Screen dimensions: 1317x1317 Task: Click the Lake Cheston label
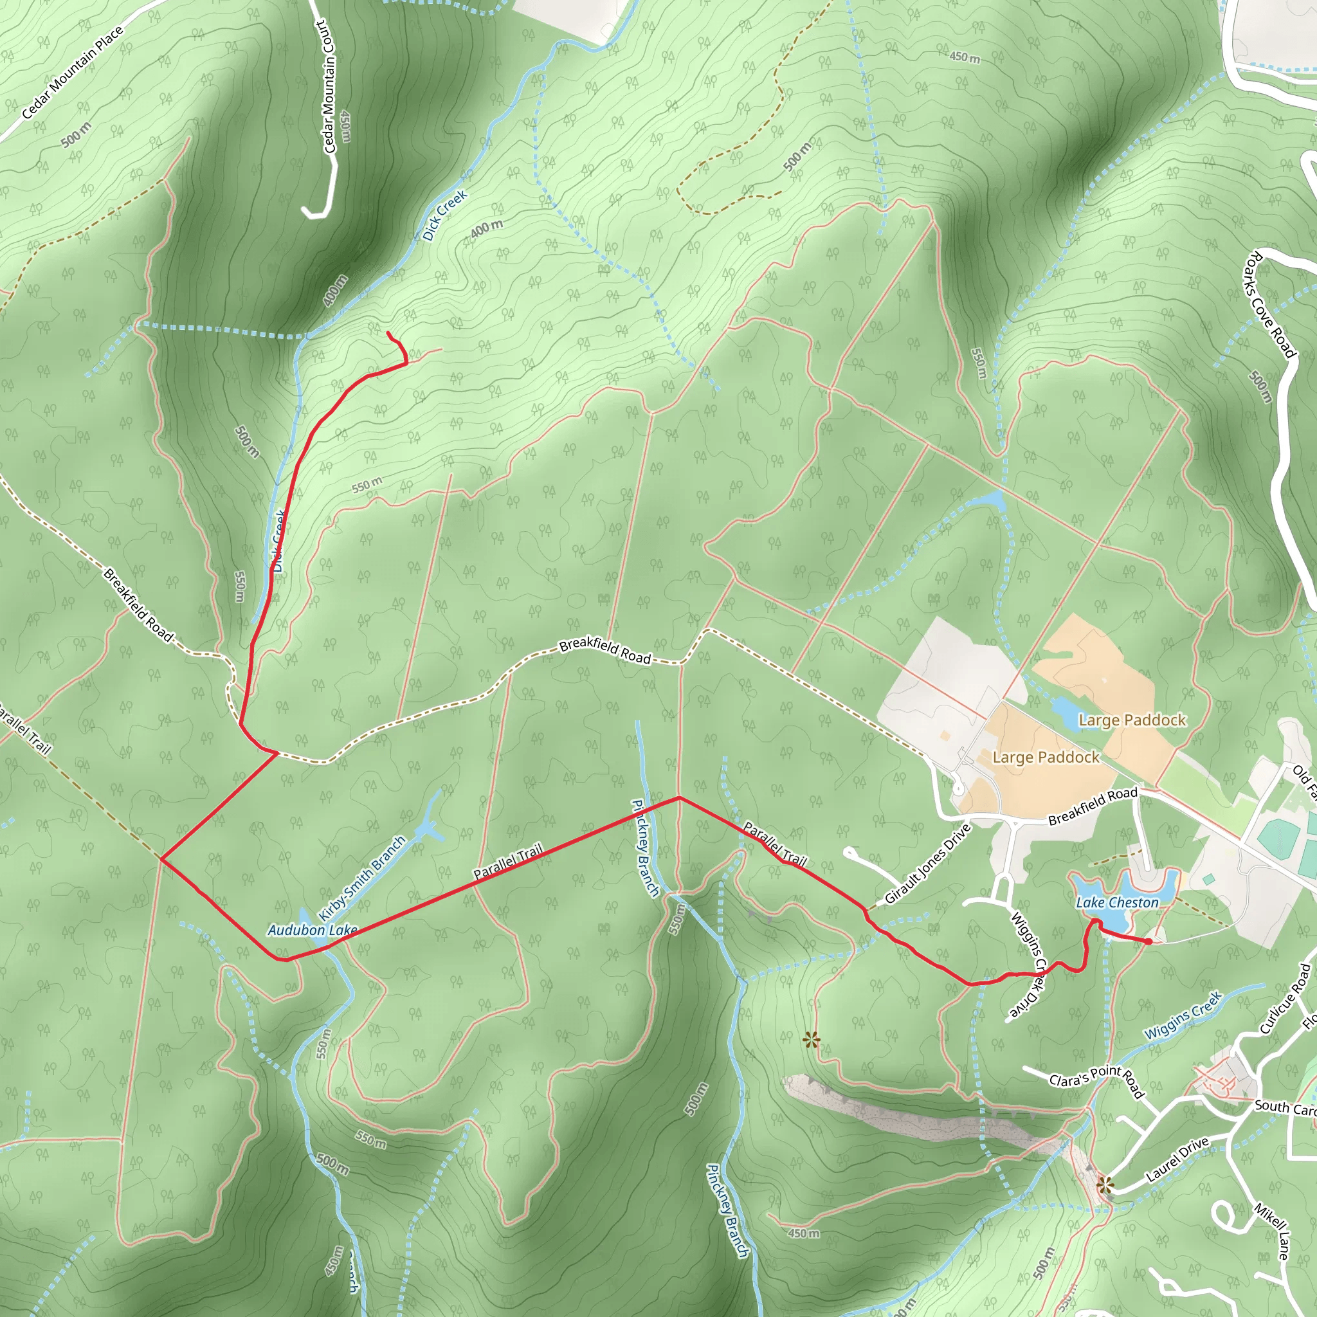click(1117, 902)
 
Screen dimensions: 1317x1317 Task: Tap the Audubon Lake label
click(312, 930)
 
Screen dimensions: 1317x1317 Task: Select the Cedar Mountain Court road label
click(328, 87)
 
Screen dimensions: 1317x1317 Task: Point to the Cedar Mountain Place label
click(72, 72)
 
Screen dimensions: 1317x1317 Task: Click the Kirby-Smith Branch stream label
click(363, 878)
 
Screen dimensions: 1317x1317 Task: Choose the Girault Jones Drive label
click(927, 864)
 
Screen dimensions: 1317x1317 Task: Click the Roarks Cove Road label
click(1270, 305)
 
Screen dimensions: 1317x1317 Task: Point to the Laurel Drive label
click(1177, 1159)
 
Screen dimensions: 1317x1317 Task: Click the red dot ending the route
click(1149, 941)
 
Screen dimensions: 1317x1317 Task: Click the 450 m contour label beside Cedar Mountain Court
click(345, 127)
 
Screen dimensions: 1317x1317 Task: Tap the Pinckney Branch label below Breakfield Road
click(645, 848)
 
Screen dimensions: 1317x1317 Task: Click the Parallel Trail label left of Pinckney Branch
click(508, 860)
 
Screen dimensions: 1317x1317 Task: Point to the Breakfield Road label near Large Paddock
click(1093, 806)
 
